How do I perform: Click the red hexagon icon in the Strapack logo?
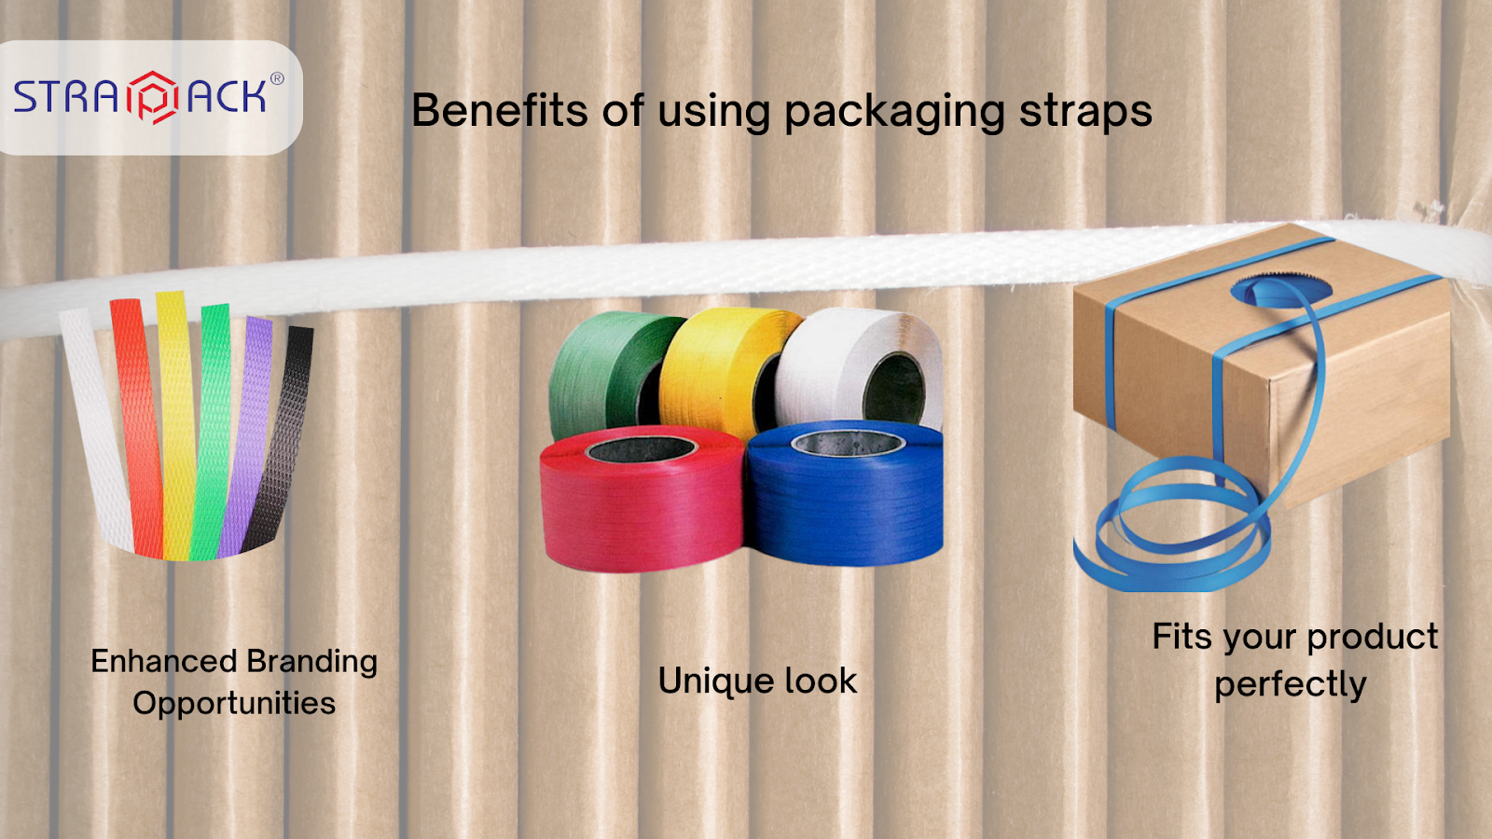[152, 97]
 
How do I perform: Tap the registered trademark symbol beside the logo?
[277, 79]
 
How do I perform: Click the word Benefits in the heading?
[500, 110]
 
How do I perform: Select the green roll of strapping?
[597, 373]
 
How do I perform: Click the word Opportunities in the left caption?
[234, 703]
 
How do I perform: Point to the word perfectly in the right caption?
[1291, 685]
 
